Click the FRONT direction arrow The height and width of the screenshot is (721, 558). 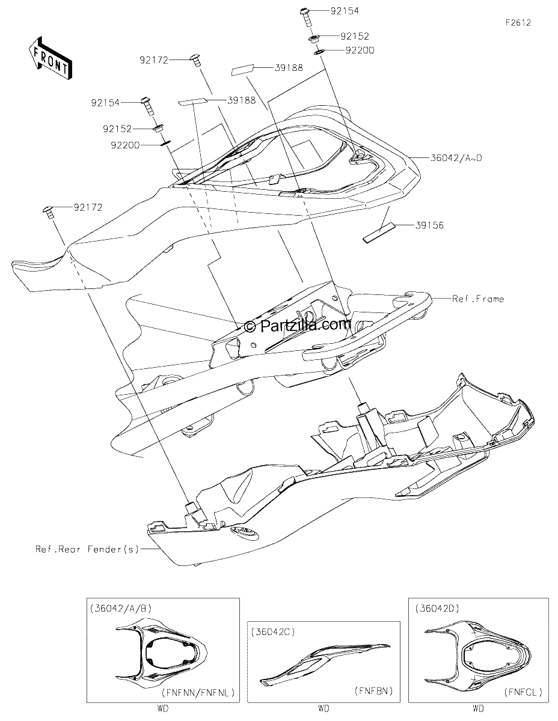pos(50,58)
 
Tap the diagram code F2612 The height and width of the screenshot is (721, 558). pos(518,23)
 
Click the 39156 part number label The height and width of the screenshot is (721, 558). pos(429,226)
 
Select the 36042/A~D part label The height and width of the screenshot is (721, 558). pos(456,158)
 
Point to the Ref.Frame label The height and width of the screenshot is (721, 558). pos(478,299)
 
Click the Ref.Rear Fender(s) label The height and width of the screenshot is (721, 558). pos(87,549)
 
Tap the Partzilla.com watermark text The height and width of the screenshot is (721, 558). pos(298,326)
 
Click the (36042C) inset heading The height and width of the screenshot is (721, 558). pos(273,632)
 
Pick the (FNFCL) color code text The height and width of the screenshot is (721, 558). pos(523,692)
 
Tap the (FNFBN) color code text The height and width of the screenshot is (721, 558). pos(373,691)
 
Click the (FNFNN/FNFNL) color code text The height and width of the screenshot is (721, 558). pos(198,693)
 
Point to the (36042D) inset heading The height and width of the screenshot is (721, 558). pos(437,608)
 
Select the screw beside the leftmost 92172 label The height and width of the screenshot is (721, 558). pos(49,212)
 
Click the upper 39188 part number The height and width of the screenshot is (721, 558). pos(289,68)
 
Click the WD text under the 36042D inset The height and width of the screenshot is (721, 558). pos(478,709)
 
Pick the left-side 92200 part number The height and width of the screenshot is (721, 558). pos(125,145)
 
